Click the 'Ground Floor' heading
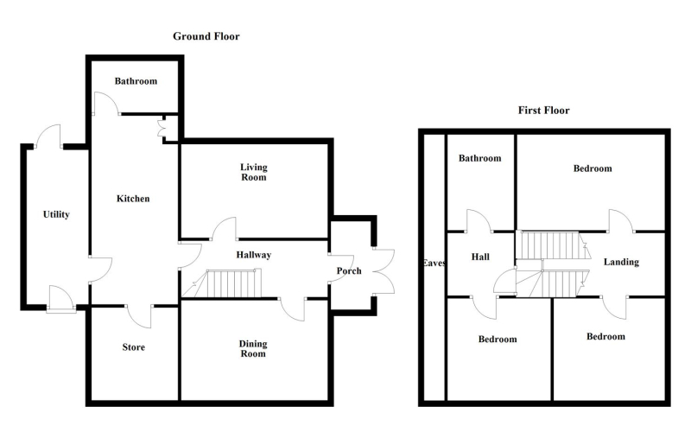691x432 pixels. click(x=206, y=36)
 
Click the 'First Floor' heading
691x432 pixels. click(x=543, y=111)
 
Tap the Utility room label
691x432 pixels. click(x=56, y=214)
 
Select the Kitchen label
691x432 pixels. click(x=133, y=199)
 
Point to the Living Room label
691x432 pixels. click(x=253, y=172)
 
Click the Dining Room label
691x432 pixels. click(x=253, y=348)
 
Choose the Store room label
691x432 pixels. click(x=134, y=347)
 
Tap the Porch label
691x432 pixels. click(x=349, y=270)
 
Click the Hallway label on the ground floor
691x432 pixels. click(x=253, y=254)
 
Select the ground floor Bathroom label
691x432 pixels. click(x=136, y=80)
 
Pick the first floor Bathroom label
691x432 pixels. click(x=480, y=158)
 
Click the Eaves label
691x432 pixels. click(x=434, y=263)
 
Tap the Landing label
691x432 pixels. click(x=621, y=262)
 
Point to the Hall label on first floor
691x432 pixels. click(x=480, y=257)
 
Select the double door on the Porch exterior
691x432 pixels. click(x=384, y=271)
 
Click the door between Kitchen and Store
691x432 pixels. click(x=139, y=316)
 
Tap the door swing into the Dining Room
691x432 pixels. click(x=292, y=309)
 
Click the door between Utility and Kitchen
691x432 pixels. click(x=100, y=270)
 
